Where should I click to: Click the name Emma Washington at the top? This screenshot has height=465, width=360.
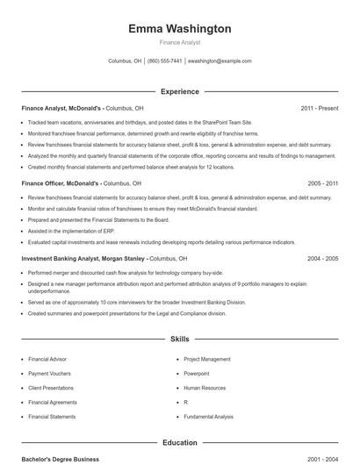pyautogui.click(x=180, y=29)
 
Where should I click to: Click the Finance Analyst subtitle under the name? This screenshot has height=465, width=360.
pyautogui.click(x=180, y=42)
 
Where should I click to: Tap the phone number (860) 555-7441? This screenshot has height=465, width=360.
pyautogui.click(x=165, y=61)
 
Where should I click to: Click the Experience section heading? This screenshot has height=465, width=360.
pyautogui.click(x=180, y=91)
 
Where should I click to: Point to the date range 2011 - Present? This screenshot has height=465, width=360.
pyautogui.click(x=320, y=108)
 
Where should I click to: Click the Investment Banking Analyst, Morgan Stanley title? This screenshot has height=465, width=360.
pyautogui.click(x=84, y=259)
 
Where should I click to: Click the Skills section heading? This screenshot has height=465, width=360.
pyautogui.click(x=180, y=338)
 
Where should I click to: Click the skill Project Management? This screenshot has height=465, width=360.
pyautogui.click(x=207, y=359)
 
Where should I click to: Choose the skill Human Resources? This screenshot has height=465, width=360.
pyautogui.click(x=204, y=388)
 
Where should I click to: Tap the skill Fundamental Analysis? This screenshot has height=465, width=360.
pyautogui.click(x=208, y=417)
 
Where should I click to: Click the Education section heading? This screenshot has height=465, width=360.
pyautogui.click(x=180, y=443)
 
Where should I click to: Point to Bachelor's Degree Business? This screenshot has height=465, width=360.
pyautogui.click(x=61, y=459)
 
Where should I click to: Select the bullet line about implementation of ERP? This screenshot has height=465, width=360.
pyautogui.click(x=70, y=231)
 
